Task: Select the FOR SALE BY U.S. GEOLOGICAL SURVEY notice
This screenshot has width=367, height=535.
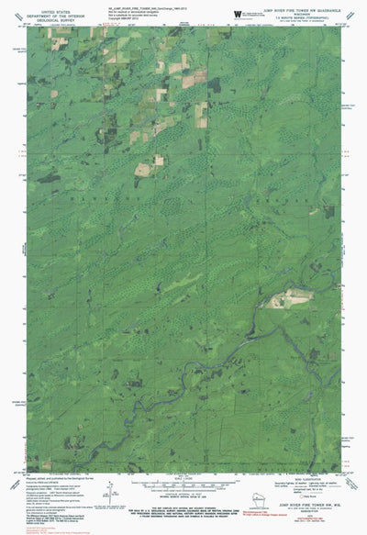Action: click(x=183, y=510)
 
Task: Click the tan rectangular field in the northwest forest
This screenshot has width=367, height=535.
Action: click(x=144, y=170)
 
